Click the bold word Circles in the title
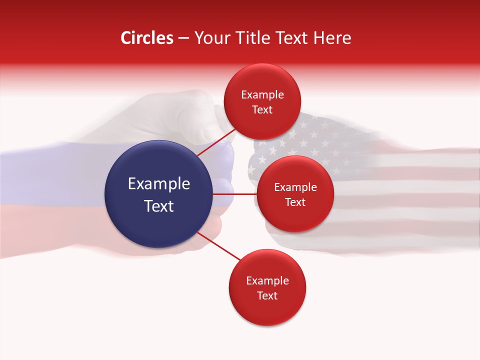click(x=147, y=38)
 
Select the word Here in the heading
click(x=332, y=38)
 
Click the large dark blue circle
click(x=158, y=194)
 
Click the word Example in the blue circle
click(x=159, y=184)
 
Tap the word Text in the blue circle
click(x=159, y=206)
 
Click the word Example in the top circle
click(x=262, y=95)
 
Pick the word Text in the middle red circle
click(x=295, y=202)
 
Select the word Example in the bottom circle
click(x=267, y=281)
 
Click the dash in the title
click(x=183, y=38)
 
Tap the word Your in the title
click(x=209, y=38)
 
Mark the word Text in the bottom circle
click(x=267, y=296)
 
